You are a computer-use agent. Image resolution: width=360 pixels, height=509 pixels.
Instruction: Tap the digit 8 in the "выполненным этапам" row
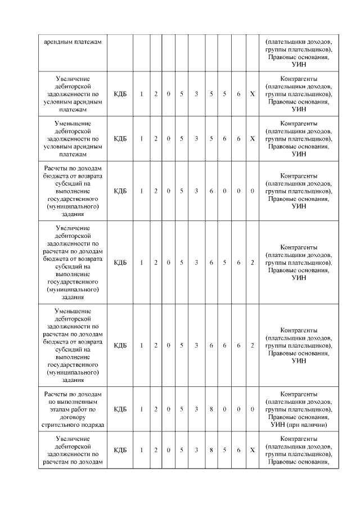coord(211,409)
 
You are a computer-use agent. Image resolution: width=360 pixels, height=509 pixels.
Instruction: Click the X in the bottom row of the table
coord(253,450)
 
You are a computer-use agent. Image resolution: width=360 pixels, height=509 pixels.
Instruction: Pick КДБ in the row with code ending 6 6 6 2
coord(120,345)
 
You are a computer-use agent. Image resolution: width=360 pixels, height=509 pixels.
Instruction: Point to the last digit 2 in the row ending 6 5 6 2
coord(253,263)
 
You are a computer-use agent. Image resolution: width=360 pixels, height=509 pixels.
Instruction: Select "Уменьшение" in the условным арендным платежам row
coord(73,123)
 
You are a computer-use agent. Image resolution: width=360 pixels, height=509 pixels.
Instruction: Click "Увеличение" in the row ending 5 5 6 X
coord(73,78)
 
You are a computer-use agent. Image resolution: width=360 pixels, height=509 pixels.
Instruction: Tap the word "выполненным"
coord(73,402)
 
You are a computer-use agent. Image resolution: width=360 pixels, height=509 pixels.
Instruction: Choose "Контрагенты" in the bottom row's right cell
coord(298,438)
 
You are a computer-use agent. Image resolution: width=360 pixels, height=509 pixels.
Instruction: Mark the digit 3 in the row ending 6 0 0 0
coord(196,191)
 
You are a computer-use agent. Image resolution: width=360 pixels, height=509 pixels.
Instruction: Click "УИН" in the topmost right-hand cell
coord(298,65)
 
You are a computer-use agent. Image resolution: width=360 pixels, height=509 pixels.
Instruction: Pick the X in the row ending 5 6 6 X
coord(253,138)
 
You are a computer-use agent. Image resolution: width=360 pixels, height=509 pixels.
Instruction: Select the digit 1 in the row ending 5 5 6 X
coord(142,93)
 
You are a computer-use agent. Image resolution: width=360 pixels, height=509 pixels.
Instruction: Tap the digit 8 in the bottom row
coord(211,450)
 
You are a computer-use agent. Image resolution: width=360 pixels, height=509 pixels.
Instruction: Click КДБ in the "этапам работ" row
coord(120,409)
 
